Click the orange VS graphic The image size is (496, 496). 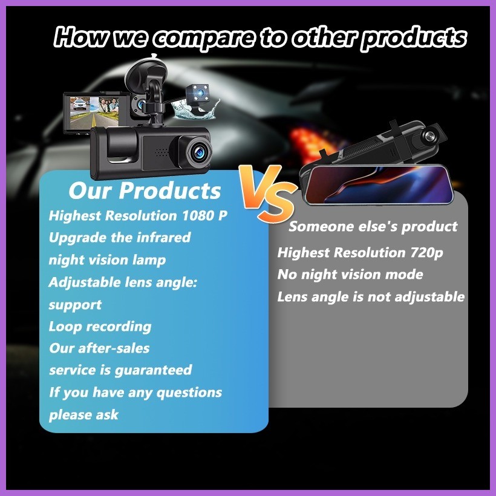click(x=267, y=193)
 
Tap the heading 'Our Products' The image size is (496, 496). click(x=145, y=191)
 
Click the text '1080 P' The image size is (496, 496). click(x=204, y=216)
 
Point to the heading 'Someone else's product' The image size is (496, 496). click(x=373, y=226)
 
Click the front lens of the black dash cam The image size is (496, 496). click(x=198, y=152)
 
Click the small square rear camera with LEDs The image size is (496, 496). click(x=198, y=94)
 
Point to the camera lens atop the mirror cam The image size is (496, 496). click(x=429, y=135)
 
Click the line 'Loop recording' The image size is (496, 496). click(x=100, y=327)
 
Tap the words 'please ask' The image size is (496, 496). click(x=83, y=415)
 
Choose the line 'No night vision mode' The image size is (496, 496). click(x=350, y=275)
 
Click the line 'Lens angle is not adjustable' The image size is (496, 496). click(x=371, y=297)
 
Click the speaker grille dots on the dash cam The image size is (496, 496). click(x=162, y=152)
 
